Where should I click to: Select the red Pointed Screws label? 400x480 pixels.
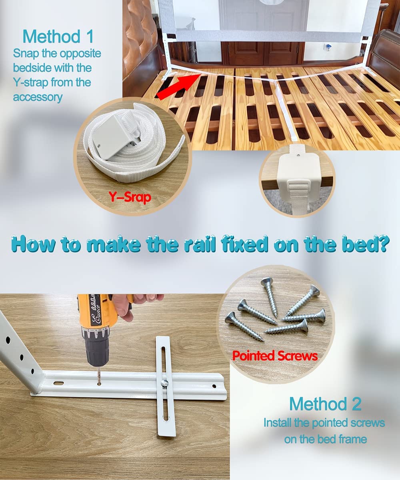point(275,355)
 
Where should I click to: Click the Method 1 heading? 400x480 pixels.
point(58,36)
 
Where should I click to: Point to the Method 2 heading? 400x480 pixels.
point(325,404)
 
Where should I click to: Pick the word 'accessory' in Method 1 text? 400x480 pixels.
point(38,97)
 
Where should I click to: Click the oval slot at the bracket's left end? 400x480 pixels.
point(58,383)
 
